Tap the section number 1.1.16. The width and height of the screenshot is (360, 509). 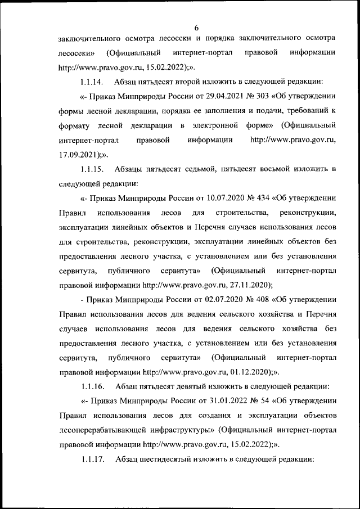pos(93,386)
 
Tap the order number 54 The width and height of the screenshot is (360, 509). pos(240,401)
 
